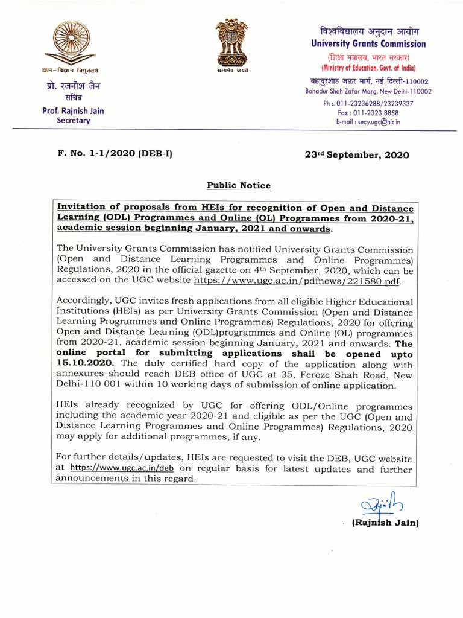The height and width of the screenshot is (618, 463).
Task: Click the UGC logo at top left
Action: coord(73,43)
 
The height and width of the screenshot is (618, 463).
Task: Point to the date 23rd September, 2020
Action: coord(357,155)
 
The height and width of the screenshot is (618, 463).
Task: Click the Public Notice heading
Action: coord(239,185)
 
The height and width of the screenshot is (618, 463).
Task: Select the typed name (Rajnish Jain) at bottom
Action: coord(385,523)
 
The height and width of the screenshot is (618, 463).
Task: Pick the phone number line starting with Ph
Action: coord(368,103)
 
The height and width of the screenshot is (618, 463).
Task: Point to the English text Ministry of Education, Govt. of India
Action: coord(368,68)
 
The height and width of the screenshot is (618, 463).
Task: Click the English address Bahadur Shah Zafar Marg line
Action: coord(368,91)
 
